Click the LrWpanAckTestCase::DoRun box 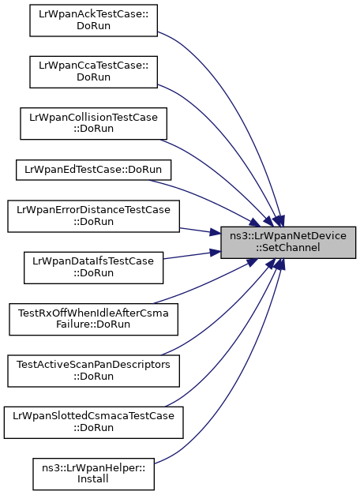point(93,21)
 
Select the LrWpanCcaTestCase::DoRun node point(93,72)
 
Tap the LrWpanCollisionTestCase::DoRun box point(93,123)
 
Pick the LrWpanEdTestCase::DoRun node point(93,171)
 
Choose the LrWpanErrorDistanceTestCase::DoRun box point(93,216)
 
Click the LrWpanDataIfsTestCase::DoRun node point(93,268)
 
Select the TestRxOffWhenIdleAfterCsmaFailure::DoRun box point(93,319)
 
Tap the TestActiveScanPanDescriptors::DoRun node point(93,371)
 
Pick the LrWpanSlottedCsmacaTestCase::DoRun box point(93,422)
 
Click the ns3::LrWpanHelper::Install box point(93,474)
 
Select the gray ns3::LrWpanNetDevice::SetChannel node point(288,242)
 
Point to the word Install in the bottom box point(93,479)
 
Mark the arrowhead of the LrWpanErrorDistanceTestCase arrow point(216,234)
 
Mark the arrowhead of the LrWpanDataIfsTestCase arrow point(216,252)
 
